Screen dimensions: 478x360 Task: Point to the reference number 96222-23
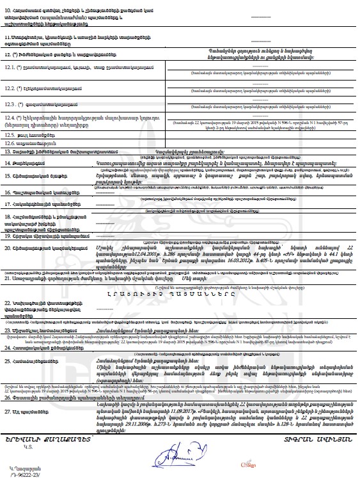click(x=19, y=474)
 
